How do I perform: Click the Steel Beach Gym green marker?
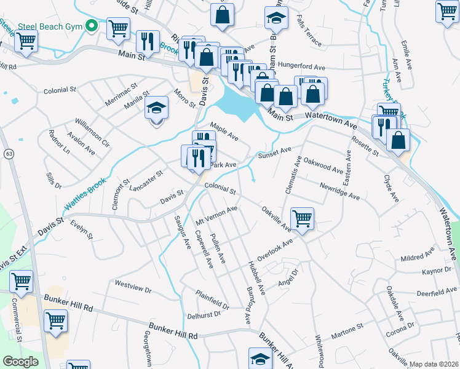(92, 26)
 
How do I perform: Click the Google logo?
(20, 362)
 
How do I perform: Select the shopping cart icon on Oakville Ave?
(302, 218)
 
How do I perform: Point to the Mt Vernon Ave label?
(216, 215)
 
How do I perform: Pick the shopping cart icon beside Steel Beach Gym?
(117, 28)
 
